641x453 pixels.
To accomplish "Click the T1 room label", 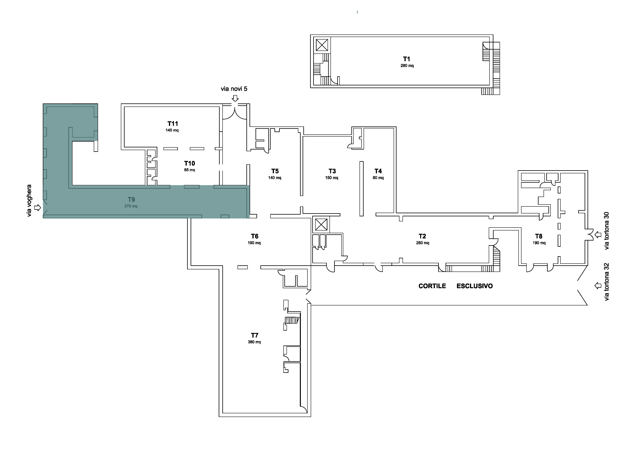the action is [406, 59].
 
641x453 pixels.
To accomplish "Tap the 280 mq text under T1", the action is [407, 66].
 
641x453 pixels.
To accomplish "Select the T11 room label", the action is [173, 124].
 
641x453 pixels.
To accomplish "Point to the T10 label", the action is [190, 163].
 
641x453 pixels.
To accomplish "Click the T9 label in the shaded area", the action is [131, 199].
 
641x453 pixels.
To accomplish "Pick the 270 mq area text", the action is [131, 206].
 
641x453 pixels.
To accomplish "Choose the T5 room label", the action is [275, 171].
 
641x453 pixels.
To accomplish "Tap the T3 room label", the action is [332, 171].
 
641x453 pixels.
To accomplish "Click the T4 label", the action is [378, 171].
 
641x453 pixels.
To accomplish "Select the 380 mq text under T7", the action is [254, 342].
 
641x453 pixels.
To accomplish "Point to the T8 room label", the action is [539, 236].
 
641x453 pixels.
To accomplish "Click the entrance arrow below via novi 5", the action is [235, 98].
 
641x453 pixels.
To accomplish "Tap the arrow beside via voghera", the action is [37, 208].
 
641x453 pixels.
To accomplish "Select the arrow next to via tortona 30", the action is [598, 235].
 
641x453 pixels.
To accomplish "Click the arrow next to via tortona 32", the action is [598, 285].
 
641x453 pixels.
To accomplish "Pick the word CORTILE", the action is [432, 286].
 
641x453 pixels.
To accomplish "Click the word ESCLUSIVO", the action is [475, 286].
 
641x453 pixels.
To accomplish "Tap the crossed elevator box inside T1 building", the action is [322, 45].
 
